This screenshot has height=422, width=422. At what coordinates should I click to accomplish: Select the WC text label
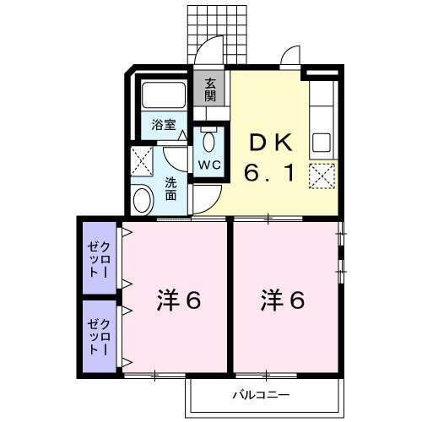209,165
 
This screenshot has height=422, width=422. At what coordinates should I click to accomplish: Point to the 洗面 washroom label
170,188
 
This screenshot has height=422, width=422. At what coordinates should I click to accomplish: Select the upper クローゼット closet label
99,259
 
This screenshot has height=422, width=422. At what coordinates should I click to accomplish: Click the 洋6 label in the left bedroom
179,300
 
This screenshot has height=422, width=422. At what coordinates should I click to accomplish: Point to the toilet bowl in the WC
209,138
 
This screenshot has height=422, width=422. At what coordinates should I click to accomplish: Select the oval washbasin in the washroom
143,201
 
